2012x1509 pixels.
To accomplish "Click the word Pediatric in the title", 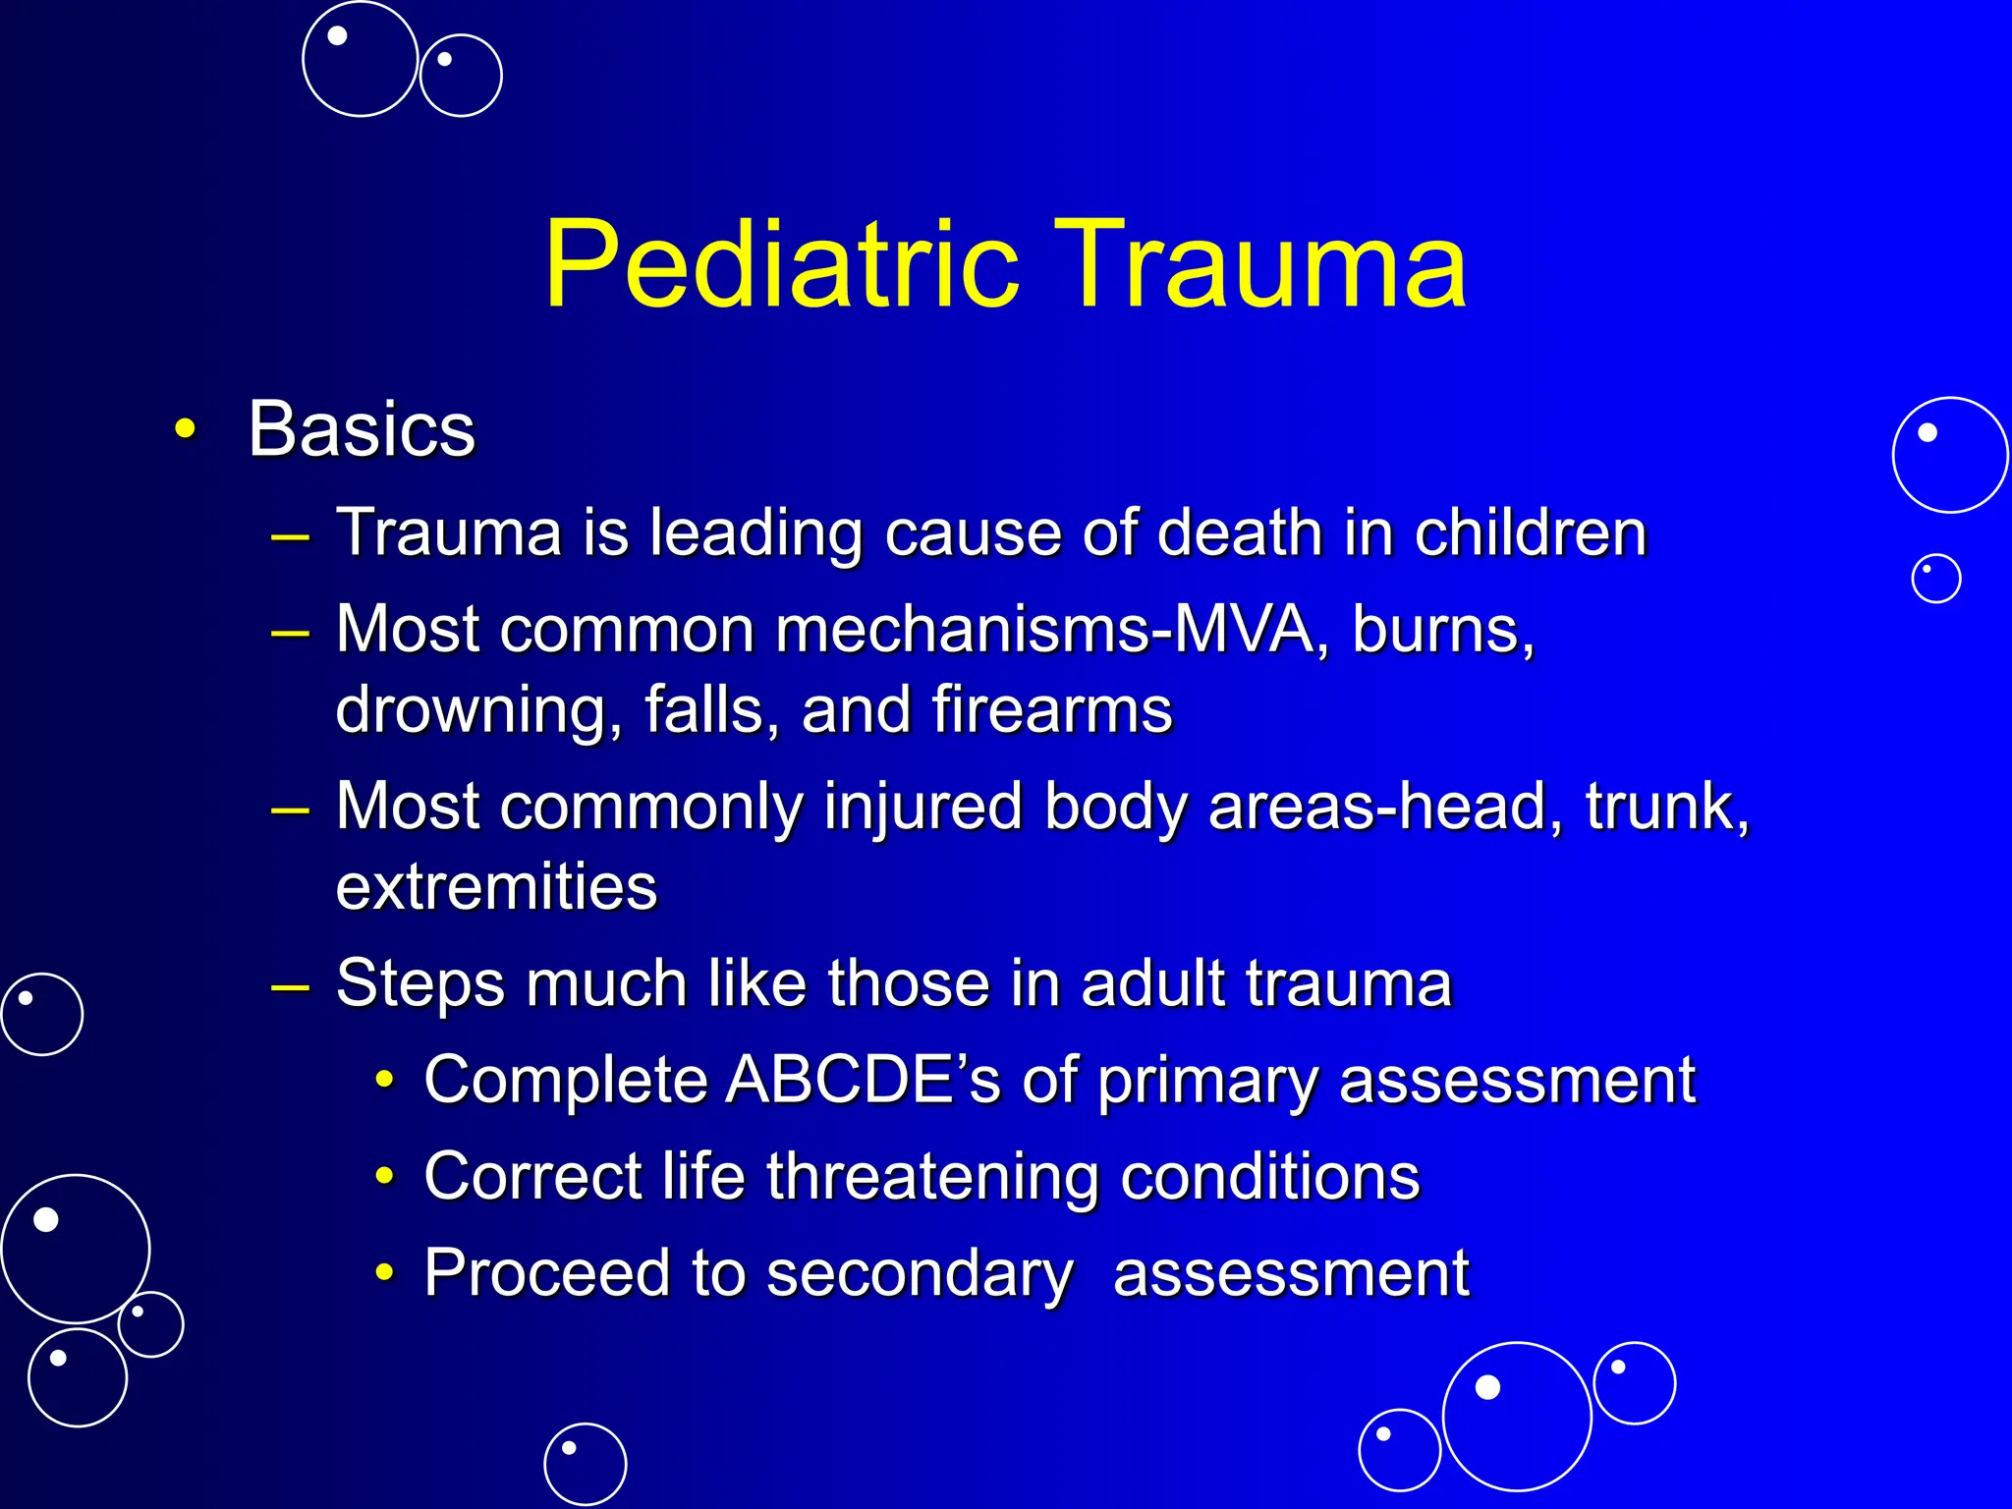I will [x=781, y=265].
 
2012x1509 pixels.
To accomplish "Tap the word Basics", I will [x=362, y=429].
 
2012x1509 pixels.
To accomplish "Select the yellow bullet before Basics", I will [x=184, y=429].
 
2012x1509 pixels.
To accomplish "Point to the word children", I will [x=1530, y=532].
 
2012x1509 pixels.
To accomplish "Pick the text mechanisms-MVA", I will [x=1043, y=629].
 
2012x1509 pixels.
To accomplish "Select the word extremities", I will [x=496, y=886].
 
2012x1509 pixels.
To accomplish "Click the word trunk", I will [x=1667, y=807].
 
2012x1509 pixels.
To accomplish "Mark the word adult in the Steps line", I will [x=1153, y=982].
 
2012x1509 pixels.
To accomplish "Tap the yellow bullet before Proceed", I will [x=385, y=1273].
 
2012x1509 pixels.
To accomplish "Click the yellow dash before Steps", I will [x=291, y=984].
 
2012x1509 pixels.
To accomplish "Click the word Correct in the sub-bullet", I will [x=531, y=1176].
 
